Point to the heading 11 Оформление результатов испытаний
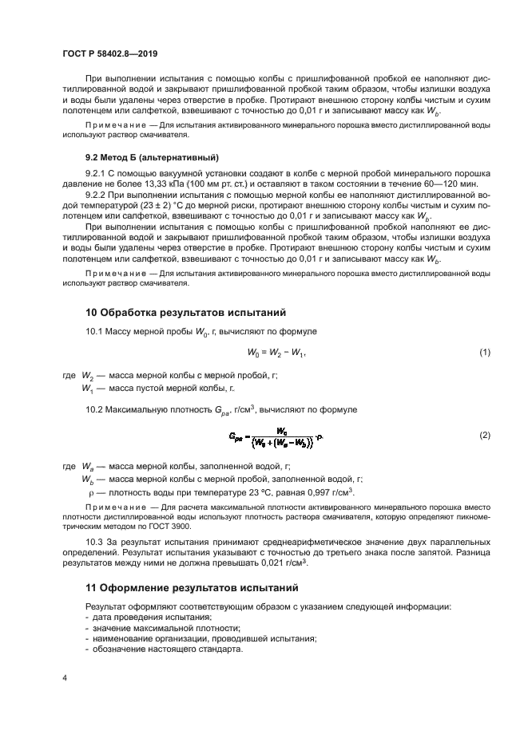tap(192, 588)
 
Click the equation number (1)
tap(483, 352)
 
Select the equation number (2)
tap(483, 436)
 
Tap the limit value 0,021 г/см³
tap(284, 563)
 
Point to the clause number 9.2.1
tap(95, 172)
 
